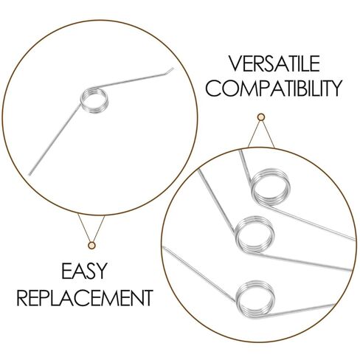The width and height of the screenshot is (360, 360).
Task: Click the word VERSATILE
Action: click(x=274, y=63)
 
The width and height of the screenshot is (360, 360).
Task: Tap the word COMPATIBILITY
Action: click(x=274, y=89)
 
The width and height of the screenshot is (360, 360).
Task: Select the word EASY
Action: click(x=84, y=271)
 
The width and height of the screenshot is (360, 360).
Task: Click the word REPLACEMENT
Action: click(x=85, y=298)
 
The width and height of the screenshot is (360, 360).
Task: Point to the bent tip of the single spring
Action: click(x=173, y=69)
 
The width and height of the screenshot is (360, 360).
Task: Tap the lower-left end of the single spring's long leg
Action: click(x=30, y=175)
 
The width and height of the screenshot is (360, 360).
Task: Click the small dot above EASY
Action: click(x=91, y=245)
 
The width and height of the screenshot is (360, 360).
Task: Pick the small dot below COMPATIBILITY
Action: click(x=261, y=117)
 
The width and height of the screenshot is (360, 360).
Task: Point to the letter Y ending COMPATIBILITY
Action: click(x=336, y=89)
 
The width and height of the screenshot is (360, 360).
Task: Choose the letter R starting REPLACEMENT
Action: click(x=22, y=298)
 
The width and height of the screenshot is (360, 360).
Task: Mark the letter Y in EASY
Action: click(x=101, y=271)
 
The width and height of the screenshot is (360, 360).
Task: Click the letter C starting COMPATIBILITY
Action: click(x=213, y=89)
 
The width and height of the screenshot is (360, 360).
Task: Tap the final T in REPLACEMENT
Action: click(x=147, y=298)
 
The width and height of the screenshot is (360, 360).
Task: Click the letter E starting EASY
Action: click(x=66, y=271)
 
